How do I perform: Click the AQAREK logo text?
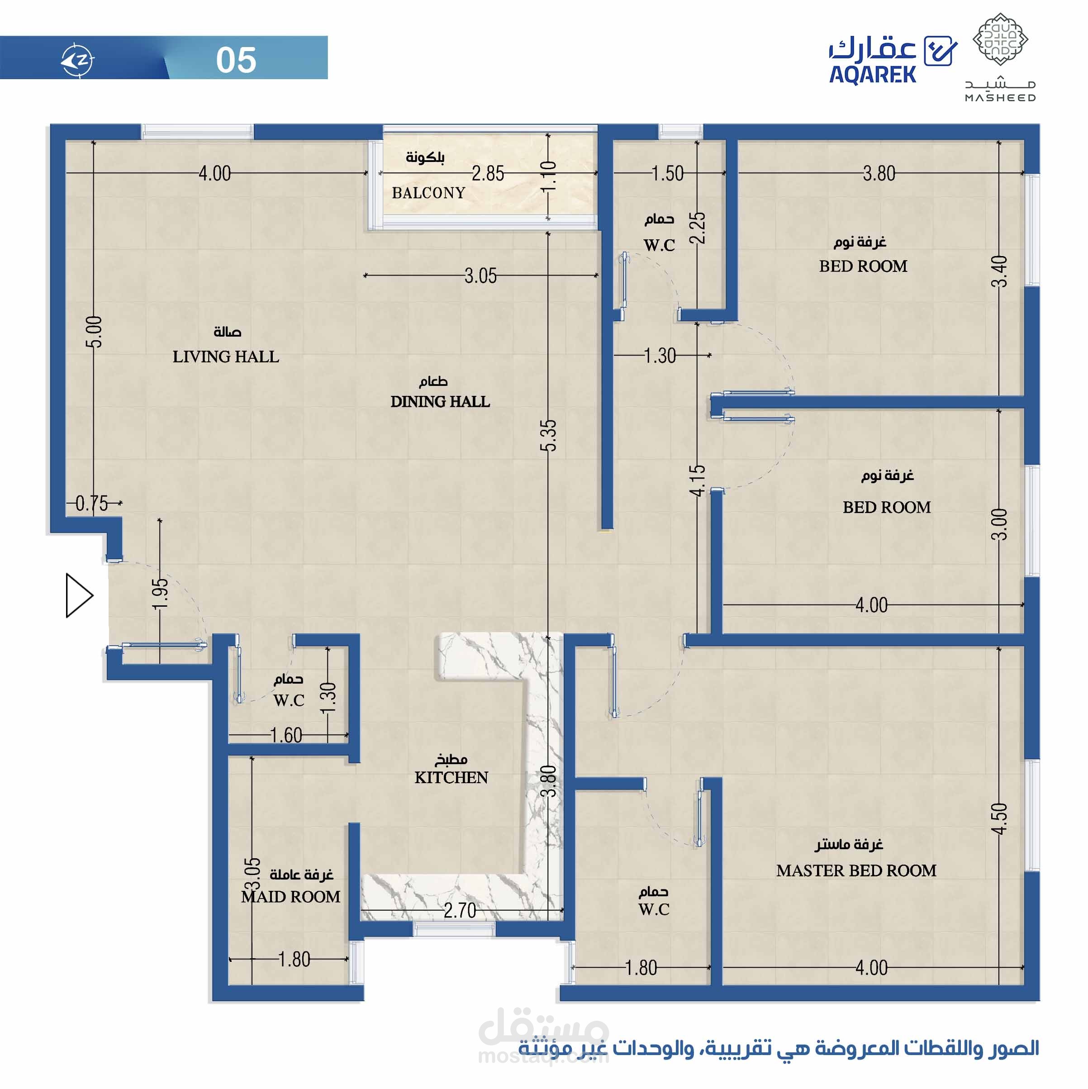tap(872, 74)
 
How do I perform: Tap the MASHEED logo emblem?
tap(1001, 39)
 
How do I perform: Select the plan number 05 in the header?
tap(236, 60)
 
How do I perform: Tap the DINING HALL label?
tap(440, 402)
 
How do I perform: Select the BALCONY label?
tap(428, 193)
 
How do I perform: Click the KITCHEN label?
tap(451, 777)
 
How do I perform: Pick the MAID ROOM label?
tap(290, 896)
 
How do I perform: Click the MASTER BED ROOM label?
tap(856, 870)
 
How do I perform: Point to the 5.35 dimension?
tap(548, 435)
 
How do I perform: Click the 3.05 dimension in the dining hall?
tap(480, 276)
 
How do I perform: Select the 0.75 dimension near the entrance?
tap(91, 504)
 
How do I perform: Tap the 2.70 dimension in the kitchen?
tap(460, 910)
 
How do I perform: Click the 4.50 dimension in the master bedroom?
tap(999, 818)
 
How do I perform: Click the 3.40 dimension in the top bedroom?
tap(999, 271)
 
